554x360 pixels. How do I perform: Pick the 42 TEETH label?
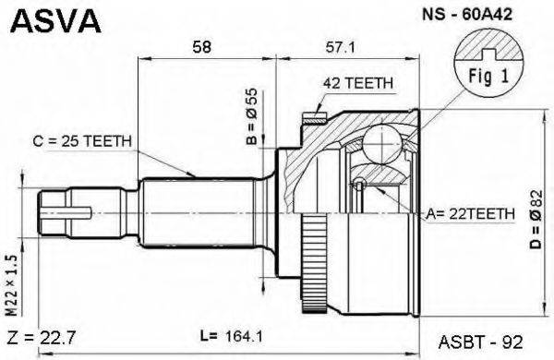pos(358,83)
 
